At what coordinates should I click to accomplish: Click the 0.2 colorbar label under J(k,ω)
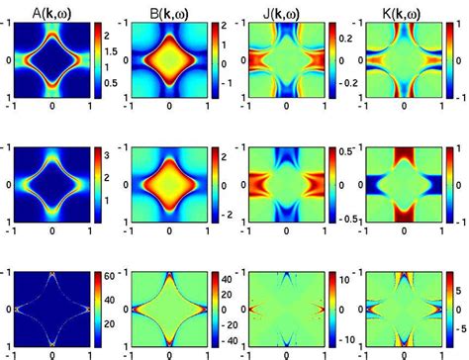point(339,36)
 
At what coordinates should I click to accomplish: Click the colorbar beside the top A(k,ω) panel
point(95,64)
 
